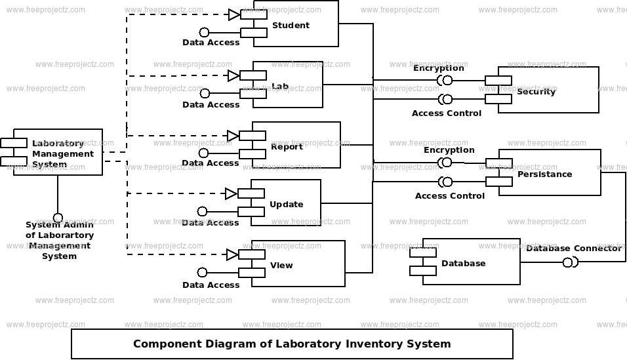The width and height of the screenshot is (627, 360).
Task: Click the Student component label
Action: [291, 26]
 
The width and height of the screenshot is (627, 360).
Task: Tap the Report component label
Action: [287, 146]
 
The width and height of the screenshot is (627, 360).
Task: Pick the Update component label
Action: [286, 204]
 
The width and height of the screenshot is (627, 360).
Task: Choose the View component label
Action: [281, 266]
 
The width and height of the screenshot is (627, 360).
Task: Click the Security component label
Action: [536, 91]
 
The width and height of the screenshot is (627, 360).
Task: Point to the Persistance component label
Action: [544, 174]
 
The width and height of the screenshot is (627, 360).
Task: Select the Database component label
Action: [463, 263]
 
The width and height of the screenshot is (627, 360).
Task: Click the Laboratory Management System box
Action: [58, 152]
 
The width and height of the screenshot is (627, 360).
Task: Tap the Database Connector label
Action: [573, 248]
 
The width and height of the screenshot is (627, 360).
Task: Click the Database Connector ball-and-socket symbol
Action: [570, 262]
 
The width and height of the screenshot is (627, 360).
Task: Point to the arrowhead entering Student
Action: [233, 14]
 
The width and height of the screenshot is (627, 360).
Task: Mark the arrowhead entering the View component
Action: [232, 254]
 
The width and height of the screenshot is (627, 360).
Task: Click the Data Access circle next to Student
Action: [204, 32]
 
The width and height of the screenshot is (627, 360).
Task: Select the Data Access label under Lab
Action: [211, 104]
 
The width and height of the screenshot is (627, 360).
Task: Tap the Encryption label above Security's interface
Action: [438, 68]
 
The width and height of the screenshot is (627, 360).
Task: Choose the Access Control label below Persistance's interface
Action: [449, 195]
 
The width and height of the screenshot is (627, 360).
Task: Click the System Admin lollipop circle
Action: [58, 218]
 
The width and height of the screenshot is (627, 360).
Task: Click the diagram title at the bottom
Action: [292, 344]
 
